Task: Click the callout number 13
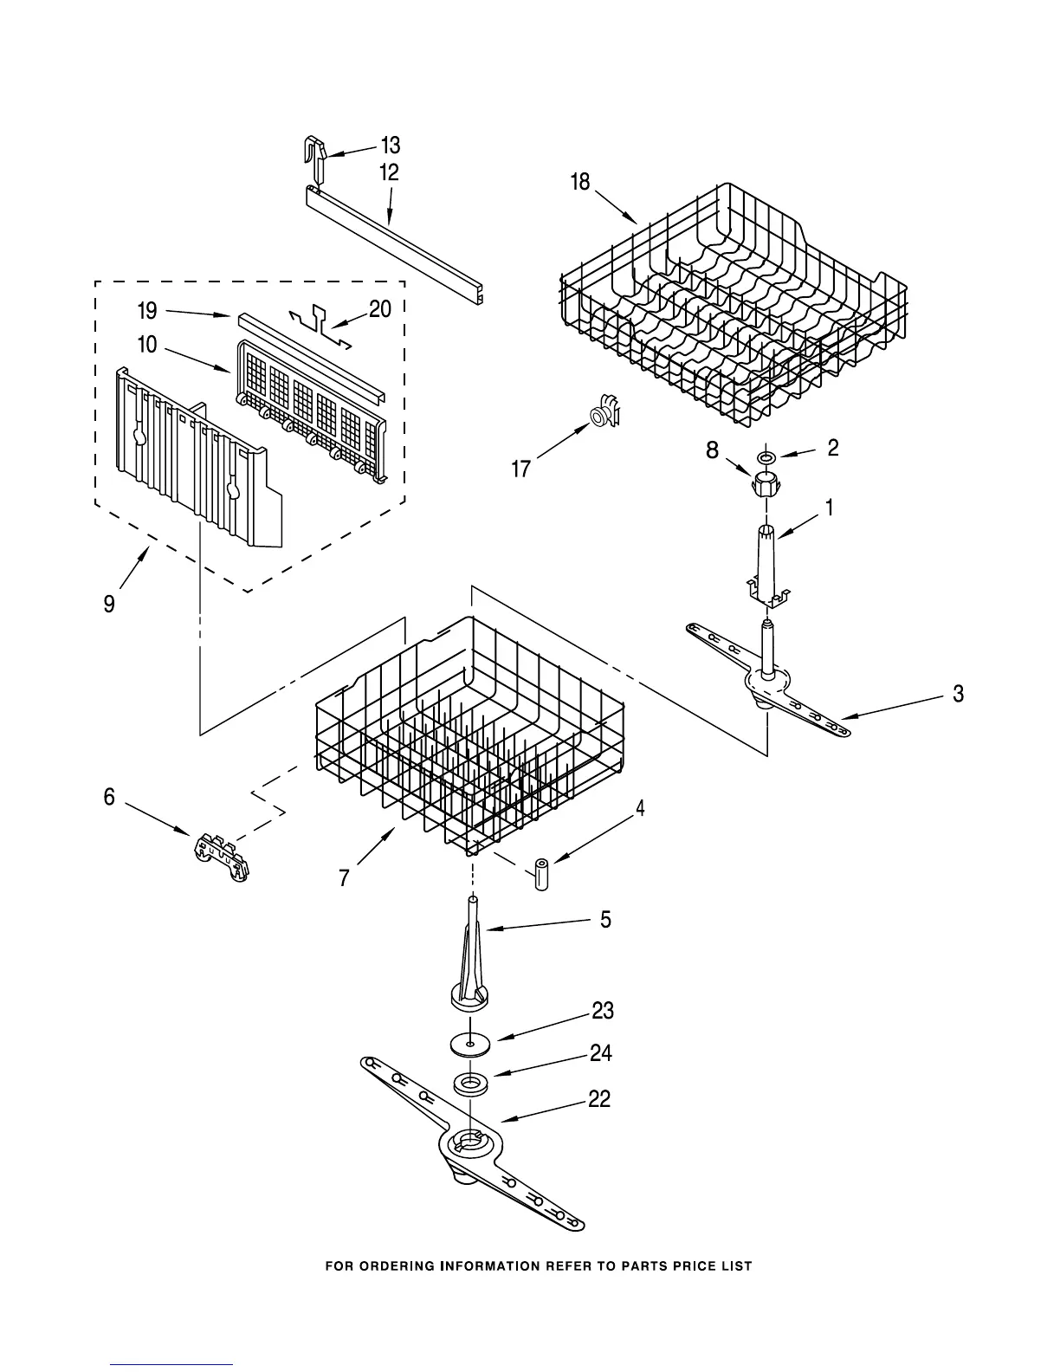391,146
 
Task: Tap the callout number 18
579,182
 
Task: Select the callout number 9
109,604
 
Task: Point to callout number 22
599,1099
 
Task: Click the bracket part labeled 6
218,857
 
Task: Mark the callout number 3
958,694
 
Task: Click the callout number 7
344,878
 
